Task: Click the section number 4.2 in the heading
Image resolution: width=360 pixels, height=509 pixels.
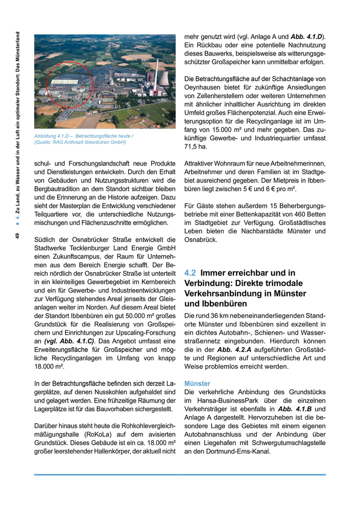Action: [x=190, y=274]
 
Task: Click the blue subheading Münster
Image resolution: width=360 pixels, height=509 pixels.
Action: [x=197, y=384]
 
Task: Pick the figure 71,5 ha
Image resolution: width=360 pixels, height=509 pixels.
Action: [x=196, y=147]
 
